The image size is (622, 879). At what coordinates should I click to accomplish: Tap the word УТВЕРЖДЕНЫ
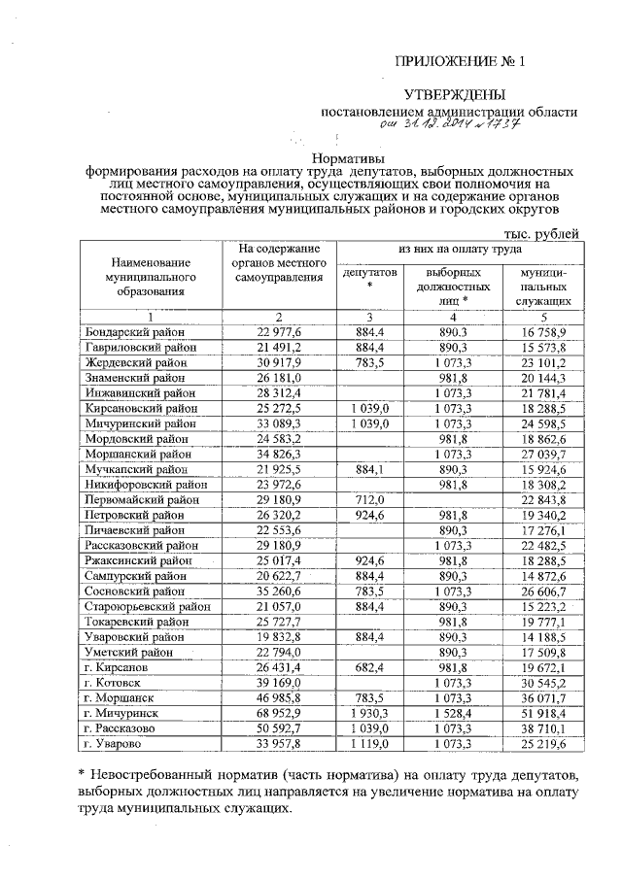pos(456,95)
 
